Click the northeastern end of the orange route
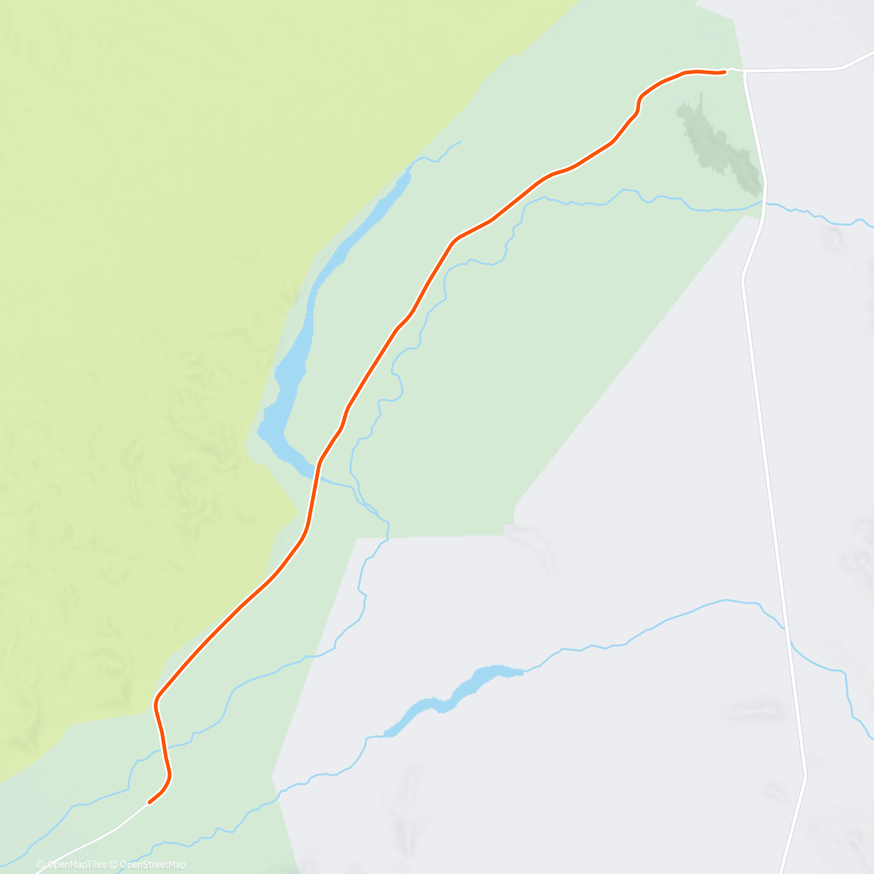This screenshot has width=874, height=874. [x=725, y=71]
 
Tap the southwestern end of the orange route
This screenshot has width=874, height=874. [x=149, y=803]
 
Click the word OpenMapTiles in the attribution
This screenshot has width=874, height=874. [x=76, y=865]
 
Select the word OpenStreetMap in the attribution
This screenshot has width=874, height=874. [x=153, y=865]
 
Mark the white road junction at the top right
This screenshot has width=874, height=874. [x=744, y=71]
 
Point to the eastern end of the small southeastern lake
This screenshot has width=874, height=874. [x=521, y=671]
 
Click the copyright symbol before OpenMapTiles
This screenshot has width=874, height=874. [x=41, y=865]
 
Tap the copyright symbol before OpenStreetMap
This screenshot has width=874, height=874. [x=114, y=865]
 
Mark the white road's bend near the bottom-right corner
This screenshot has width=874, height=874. [x=805, y=776]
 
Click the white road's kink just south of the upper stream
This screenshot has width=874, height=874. [x=742, y=277]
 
